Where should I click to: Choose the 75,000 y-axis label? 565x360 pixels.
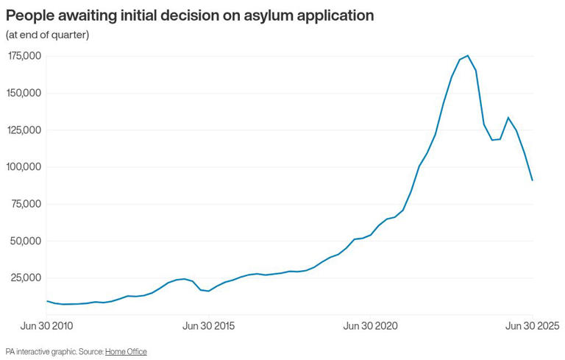coord(26,204)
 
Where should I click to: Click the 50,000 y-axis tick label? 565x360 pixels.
coord(26,241)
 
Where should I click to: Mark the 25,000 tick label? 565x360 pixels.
coord(26,278)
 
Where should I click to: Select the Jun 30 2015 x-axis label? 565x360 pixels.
coord(208,325)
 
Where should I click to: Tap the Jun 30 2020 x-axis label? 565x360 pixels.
coord(370,325)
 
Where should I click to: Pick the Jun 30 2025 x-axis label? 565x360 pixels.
coord(532,325)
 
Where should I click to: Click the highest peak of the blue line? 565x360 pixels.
coord(468,55)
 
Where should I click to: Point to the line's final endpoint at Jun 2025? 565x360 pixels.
coord(533,180)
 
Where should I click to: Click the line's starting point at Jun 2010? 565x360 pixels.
coord(47,300)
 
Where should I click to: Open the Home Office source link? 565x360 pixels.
coord(126,352)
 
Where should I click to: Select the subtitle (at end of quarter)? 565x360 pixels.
coord(47,35)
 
